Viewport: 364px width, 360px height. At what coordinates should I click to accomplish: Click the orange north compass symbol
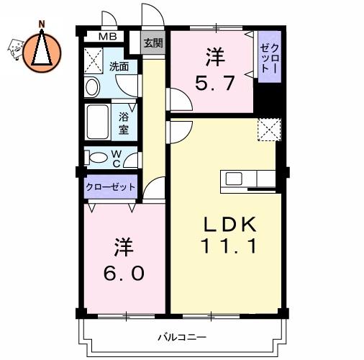click(42, 51)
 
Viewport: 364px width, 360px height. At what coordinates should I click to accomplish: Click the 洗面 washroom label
click(119, 67)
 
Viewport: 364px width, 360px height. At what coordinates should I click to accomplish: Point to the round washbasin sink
click(93, 87)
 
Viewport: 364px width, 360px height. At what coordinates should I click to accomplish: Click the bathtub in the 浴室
click(99, 122)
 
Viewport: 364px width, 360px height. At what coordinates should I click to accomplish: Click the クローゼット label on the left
click(111, 187)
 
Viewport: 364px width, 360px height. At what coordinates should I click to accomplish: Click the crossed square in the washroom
click(94, 59)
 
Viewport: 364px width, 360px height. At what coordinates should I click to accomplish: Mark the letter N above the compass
click(42, 23)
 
